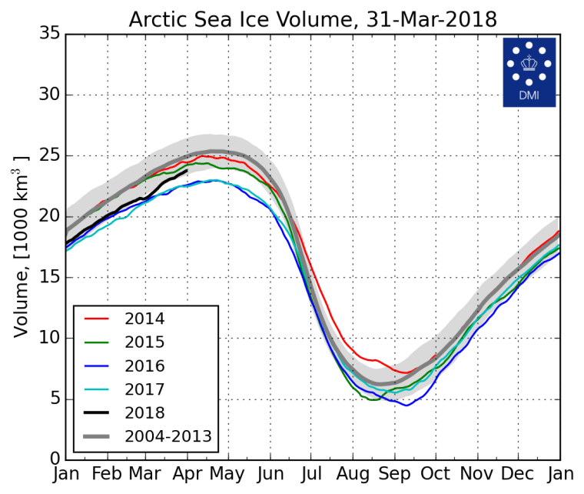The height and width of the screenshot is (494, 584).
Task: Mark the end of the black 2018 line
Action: (x=187, y=171)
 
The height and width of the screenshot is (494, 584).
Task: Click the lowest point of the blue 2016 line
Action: (x=406, y=405)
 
